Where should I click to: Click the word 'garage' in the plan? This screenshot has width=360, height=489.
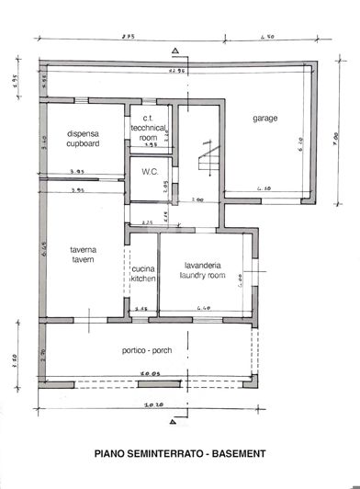(264, 119)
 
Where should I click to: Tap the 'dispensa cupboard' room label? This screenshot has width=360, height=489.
(84, 138)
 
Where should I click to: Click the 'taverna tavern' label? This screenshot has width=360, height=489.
(84, 254)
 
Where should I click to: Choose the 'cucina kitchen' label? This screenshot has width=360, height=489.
(143, 272)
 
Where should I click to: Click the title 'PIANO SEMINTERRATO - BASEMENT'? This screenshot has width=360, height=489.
(180, 454)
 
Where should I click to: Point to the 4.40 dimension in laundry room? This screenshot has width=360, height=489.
(204, 308)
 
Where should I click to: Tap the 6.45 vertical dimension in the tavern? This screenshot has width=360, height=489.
(45, 246)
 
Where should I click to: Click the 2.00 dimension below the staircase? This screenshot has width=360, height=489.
(197, 199)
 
